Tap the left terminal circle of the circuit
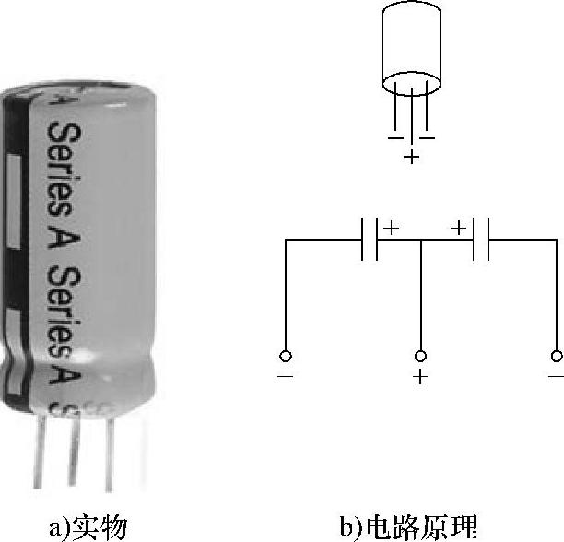[286, 357]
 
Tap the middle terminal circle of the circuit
[421, 357]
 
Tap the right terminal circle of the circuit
[555, 357]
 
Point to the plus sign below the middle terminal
[421, 377]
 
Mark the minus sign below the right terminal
[555, 377]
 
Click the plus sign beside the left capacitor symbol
[391, 227]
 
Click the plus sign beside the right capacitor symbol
[457, 227]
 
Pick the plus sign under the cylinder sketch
[411, 158]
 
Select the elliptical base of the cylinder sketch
[411, 84]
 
